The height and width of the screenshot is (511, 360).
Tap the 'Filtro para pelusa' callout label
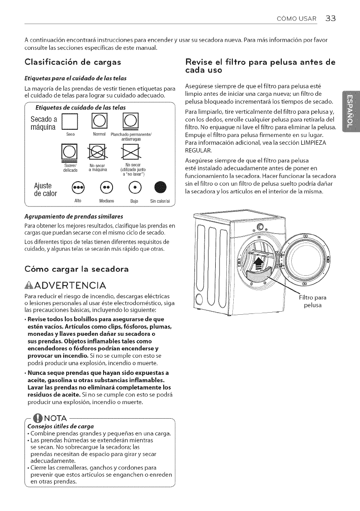pyautogui.click(x=314, y=301)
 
